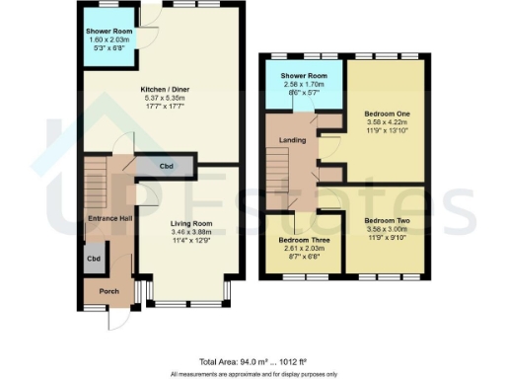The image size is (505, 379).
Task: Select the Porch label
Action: pos(104,291)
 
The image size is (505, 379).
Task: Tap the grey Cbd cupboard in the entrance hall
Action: pos(94,259)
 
